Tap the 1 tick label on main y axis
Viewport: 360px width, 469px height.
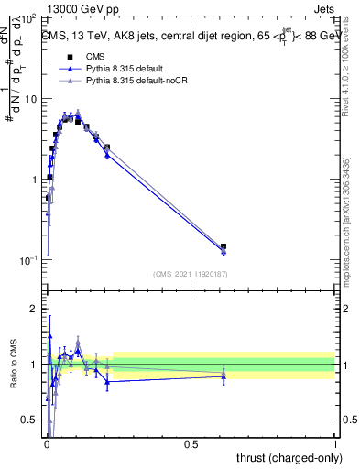click(34, 180)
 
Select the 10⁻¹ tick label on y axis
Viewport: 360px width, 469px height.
click(28, 260)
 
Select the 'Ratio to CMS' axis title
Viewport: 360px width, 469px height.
click(13, 364)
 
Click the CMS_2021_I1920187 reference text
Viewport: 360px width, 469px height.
click(190, 274)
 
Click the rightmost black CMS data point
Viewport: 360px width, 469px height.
click(224, 246)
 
